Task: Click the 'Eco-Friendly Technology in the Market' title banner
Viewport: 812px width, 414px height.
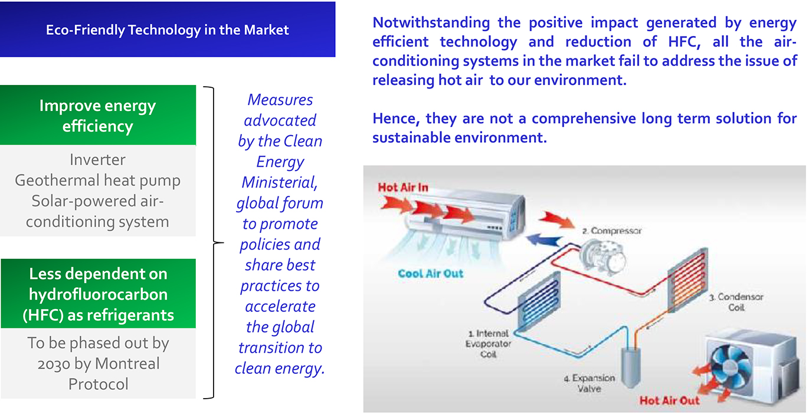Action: [x=168, y=29]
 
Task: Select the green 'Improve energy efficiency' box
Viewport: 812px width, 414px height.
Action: [x=97, y=116]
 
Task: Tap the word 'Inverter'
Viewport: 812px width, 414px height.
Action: [x=97, y=160]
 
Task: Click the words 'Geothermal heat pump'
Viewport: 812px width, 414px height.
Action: [x=97, y=180]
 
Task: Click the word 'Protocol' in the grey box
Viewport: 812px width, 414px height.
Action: [x=98, y=384]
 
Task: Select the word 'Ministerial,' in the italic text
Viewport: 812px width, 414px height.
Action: [x=280, y=182]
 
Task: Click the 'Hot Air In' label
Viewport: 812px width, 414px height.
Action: [x=402, y=188]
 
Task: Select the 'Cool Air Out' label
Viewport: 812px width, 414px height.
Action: [x=430, y=274]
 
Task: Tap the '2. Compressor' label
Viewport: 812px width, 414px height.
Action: [x=612, y=231]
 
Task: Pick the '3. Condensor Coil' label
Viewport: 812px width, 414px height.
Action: [x=736, y=303]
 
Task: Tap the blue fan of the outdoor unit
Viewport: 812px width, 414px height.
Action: [x=729, y=363]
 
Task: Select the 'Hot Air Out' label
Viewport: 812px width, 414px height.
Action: [x=669, y=400]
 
